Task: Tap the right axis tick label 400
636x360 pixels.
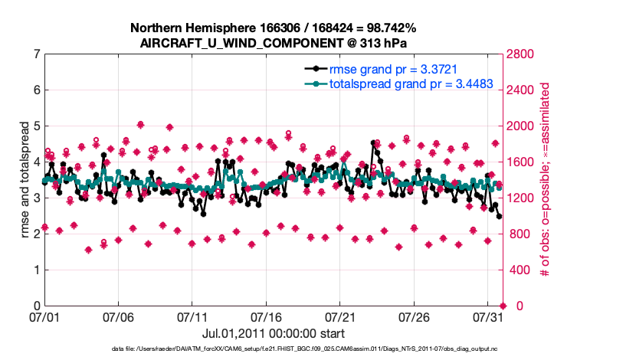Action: coord(519,270)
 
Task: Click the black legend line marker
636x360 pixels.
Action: coord(314,69)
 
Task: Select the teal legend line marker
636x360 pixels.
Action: coord(314,83)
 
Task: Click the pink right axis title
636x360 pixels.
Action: coord(546,179)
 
